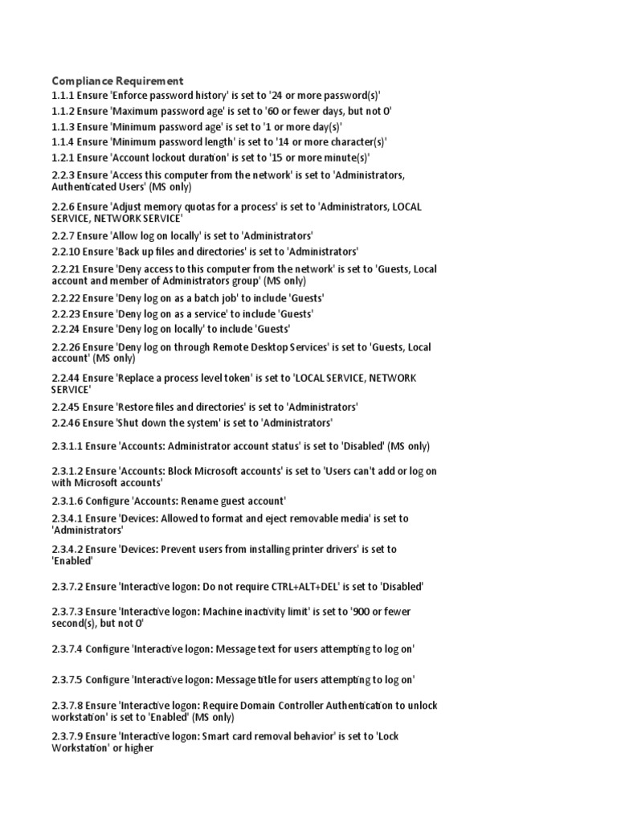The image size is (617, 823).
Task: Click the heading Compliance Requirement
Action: click(117, 80)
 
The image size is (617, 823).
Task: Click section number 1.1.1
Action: click(63, 96)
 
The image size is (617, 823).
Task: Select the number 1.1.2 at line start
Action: click(63, 111)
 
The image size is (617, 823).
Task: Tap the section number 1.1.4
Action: click(63, 142)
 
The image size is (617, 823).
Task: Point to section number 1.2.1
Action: click(63, 158)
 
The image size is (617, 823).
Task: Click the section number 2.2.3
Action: click(63, 175)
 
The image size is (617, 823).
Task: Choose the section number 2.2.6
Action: click(63, 207)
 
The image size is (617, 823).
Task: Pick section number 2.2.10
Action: click(66, 252)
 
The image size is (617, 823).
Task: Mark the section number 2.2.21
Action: click(66, 269)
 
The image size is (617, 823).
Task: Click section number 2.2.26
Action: click(66, 347)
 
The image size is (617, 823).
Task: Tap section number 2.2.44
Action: click(66, 378)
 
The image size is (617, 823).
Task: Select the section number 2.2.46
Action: click(66, 423)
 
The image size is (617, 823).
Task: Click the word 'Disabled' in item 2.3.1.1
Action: click(362, 446)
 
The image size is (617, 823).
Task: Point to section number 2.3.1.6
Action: click(67, 501)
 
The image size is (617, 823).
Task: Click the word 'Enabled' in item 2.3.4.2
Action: click(72, 562)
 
